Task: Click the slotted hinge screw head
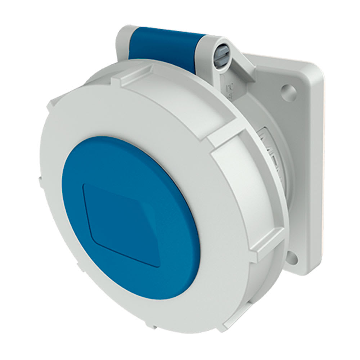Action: pos(220,54)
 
